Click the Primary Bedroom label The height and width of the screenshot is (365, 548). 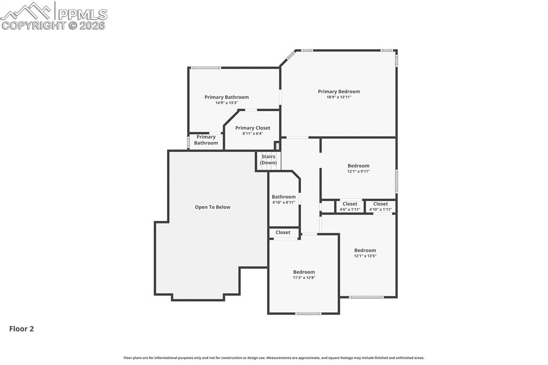(339, 92)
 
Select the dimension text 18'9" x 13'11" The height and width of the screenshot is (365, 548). (339, 97)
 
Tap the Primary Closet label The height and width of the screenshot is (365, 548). (253, 128)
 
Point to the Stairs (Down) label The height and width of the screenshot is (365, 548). (268, 159)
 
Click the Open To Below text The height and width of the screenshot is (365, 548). (212, 207)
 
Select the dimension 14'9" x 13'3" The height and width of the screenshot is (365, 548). (226, 103)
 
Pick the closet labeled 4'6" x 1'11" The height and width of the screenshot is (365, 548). (350, 206)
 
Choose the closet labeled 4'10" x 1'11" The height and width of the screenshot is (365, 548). (380, 206)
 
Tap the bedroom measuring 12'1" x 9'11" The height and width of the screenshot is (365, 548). (359, 168)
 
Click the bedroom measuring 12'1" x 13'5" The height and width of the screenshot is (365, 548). (365, 253)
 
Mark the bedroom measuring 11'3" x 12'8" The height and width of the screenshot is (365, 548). (304, 275)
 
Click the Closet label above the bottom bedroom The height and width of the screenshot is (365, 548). (283, 232)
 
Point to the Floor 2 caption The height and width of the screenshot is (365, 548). (21, 329)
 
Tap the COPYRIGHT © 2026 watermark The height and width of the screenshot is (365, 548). (54, 25)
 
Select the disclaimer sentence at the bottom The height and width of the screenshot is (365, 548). (274, 358)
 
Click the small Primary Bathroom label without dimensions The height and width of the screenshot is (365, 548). (206, 140)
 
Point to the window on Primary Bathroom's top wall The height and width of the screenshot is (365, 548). (206, 67)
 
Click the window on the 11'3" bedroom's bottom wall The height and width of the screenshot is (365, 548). (308, 313)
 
